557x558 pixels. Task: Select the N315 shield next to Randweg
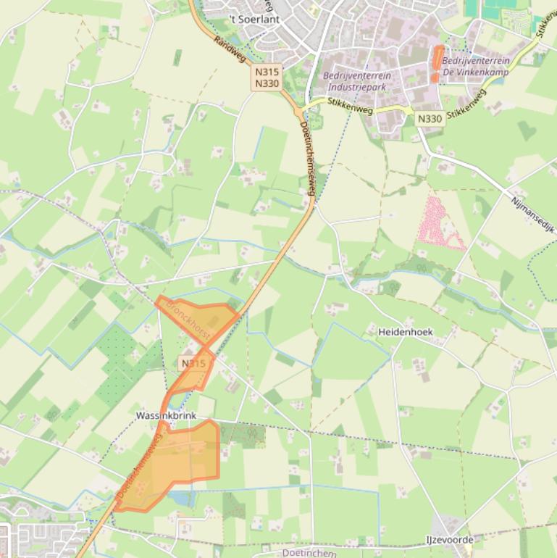click(x=267, y=72)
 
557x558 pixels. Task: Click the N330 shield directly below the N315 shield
click(x=267, y=83)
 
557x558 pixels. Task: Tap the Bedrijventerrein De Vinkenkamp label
click(x=475, y=66)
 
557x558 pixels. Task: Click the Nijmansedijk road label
click(x=532, y=215)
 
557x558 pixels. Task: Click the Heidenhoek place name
click(x=406, y=332)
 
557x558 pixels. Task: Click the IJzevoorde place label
click(x=449, y=540)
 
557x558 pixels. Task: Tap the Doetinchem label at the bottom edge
click(x=309, y=553)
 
